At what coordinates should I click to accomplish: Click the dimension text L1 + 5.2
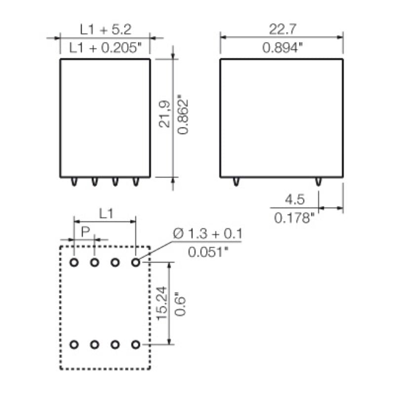[106, 30]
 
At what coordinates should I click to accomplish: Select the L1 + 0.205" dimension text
[106, 47]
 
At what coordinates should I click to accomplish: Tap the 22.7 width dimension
[282, 30]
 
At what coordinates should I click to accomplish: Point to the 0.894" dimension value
[282, 47]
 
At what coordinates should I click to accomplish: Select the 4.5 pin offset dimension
[295, 200]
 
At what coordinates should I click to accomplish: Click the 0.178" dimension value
[295, 217]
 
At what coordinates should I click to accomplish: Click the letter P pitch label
[85, 231]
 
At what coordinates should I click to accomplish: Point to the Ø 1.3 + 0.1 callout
[208, 234]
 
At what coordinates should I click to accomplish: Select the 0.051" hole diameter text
[208, 252]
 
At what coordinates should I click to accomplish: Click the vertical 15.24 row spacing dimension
[162, 303]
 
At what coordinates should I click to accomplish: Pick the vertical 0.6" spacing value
[180, 303]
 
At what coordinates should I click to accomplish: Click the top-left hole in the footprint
[75, 262]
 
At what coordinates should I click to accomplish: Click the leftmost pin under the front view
[74, 182]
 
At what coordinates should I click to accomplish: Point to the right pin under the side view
[318, 182]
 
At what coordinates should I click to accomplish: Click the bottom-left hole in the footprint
[75, 344]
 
